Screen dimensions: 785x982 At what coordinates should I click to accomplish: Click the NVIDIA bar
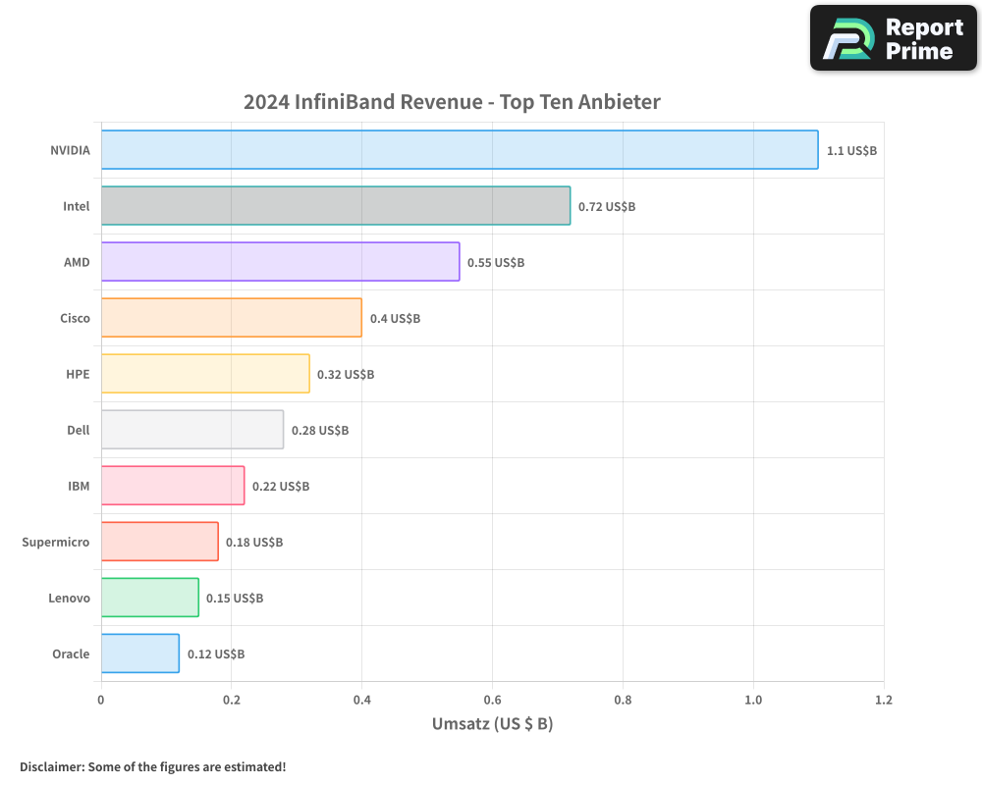coord(460,150)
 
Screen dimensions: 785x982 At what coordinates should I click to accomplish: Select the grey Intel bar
coord(336,206)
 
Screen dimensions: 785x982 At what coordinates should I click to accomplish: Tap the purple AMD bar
coord(280,262)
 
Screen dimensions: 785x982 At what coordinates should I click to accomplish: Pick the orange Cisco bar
coord(231,318)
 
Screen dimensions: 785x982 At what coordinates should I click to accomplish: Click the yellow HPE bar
coord(205,374)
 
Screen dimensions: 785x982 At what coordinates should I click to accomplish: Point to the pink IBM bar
coord(173,486)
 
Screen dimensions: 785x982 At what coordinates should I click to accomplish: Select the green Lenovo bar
coord(149,598)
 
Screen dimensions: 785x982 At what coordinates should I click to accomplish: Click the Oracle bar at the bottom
coord(139,654)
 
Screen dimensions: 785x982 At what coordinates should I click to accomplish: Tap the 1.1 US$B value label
coord(851,151)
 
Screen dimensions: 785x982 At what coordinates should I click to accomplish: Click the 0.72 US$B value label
coord(607,207)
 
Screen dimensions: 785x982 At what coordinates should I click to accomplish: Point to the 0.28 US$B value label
coord(320,431)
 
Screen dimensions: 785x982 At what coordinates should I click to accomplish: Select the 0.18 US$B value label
coord(254,543)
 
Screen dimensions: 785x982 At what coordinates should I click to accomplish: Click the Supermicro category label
coord(56,543)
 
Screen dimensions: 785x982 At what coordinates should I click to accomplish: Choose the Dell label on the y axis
coord(78,431)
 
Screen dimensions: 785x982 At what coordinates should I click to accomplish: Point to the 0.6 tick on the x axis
coord(492,701)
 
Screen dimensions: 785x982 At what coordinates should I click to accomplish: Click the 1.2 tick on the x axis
coord(884,701)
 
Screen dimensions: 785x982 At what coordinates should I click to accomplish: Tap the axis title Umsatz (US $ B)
coord(492,724)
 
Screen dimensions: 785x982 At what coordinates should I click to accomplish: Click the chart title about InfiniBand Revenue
coord(452,102)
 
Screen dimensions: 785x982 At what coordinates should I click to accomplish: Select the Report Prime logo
coord(894,38)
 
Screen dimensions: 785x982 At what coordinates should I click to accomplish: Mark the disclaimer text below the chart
coord(153,766)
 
